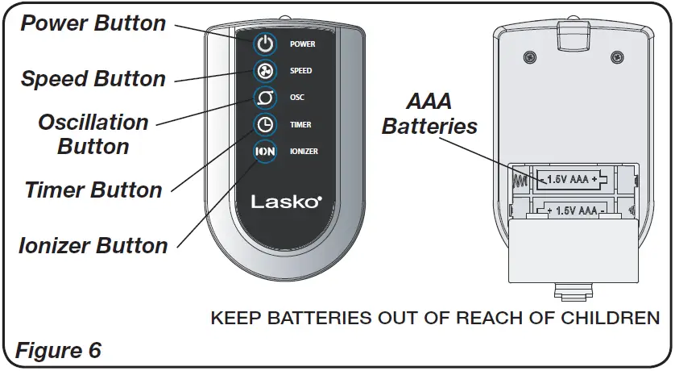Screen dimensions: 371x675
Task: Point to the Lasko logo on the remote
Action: [x=286, y=202]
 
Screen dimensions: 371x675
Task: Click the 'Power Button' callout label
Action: [x=94, y=23]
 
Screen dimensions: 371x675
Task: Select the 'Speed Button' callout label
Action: [x=93, y=79]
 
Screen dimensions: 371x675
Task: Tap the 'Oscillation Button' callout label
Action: [x=93, y=135]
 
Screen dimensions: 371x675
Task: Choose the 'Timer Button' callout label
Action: [x=93, y=190]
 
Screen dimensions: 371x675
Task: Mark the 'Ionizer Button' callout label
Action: [x=93, y=245]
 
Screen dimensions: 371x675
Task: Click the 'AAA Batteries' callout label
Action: [x=429, y=114]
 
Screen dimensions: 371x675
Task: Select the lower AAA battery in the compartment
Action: [x=573, y=211]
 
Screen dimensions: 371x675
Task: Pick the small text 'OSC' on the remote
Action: [x=297, y=98]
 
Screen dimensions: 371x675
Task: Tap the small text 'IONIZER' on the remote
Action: [x=304, y=152]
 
